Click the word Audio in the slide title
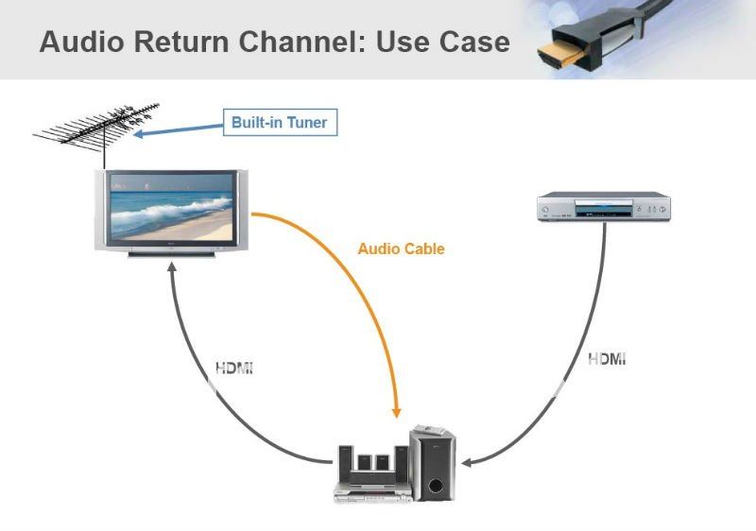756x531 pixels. coord(82,41)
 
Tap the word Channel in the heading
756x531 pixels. coord(302,41)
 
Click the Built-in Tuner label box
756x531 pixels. coord(280,123)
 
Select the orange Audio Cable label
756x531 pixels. coord(401,248)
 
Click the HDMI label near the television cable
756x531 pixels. coord(234,368)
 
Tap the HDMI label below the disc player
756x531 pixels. coord(607,359)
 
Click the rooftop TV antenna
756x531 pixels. coord(96,126)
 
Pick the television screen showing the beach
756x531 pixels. coord(172,206)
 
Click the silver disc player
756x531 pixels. coord(604,207)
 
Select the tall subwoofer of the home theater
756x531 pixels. coord(433,465)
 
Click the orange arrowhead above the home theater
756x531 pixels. coord(396,412)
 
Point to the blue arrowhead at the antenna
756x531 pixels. coord(137,134)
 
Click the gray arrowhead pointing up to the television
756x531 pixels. coord(172,267)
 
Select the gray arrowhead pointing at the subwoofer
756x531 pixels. coord(466,463)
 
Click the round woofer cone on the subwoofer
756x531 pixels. coord(435,486)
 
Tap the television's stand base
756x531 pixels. coord(172,253)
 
